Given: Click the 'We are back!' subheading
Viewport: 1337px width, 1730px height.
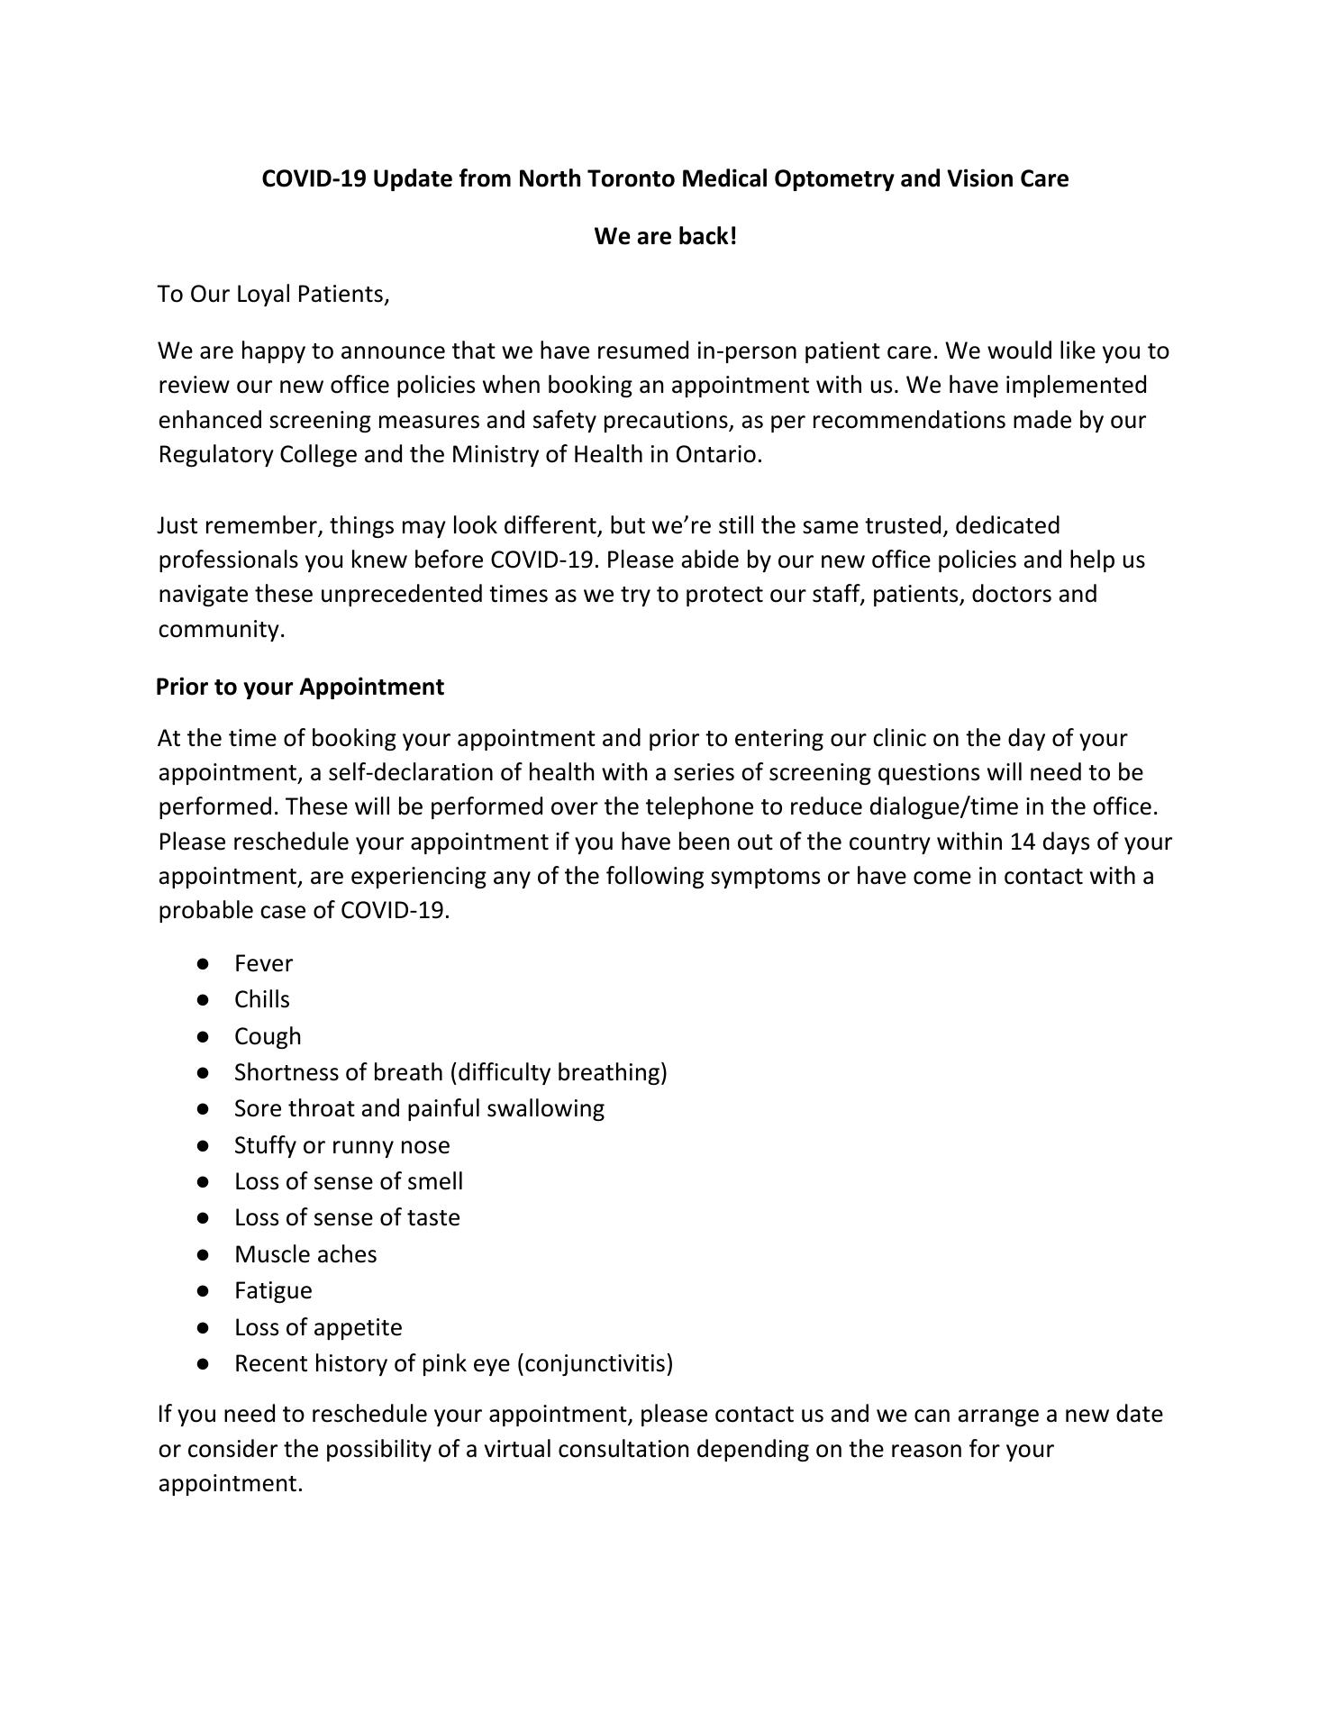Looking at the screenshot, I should (x=665, y=237).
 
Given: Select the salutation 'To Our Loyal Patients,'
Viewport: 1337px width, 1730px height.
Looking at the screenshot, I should (x=274, y=295).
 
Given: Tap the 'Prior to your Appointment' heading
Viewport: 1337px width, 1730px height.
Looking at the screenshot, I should (x=300, y=687).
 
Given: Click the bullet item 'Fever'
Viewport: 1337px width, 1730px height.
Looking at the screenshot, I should (x=263, y=963).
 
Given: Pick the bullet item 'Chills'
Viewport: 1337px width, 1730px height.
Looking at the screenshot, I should (x=262, y=999).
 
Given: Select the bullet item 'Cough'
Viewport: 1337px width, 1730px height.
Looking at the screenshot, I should (x=268, y=1036).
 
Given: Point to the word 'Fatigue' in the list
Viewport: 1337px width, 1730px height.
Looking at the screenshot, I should (x=273, y=1290).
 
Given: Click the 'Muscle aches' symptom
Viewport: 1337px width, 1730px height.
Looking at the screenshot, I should (x=305, y=1254).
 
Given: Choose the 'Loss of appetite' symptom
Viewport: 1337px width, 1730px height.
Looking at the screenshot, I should (x=318, y=1327).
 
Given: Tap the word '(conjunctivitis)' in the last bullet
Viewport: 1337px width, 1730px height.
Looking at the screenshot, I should (x=595, y=1363).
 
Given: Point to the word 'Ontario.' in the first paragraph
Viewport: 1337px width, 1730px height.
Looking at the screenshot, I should (x=718, y=454).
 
